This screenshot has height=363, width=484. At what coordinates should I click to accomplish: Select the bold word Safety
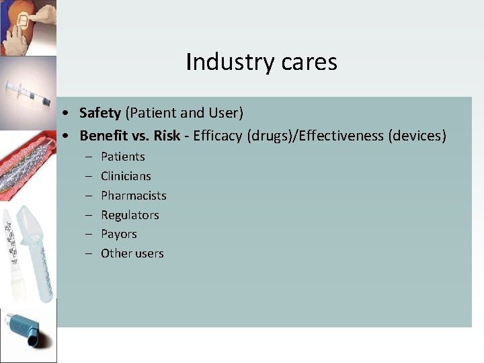[x=100, y=112]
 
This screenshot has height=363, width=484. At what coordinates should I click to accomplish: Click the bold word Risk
[x=167, y=136]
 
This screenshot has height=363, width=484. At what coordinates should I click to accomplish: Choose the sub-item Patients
[x=122, y=157]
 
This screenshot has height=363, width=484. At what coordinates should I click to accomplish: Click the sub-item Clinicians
[x=126, y=176]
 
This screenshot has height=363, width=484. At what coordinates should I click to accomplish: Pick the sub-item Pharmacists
[x=133, y=196]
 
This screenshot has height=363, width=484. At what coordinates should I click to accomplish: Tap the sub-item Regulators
[x=130, y=215]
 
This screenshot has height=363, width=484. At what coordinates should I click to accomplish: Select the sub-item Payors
[x=118, y=234]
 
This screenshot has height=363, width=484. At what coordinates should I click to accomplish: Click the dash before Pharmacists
[x=89, y=196]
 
